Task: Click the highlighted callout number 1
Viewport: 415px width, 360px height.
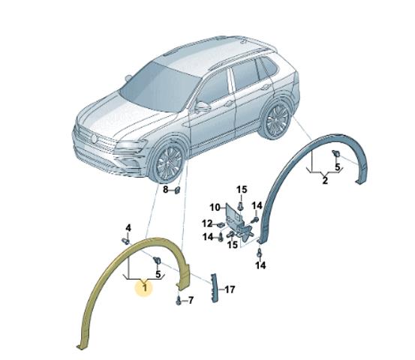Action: (145, 287)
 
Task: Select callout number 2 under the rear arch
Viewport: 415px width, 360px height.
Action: (325, 181)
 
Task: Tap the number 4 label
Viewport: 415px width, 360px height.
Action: (128, 228)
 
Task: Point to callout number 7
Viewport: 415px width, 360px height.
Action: (191, 300)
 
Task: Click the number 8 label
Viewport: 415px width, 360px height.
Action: (165, 190)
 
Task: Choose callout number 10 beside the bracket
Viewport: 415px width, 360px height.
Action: (215, 208)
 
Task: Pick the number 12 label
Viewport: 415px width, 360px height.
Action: (207, 223)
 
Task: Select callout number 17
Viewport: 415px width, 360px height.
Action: (230, 289)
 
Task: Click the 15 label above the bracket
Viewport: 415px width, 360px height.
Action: (242, 190)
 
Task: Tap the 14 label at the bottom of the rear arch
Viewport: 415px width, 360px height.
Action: (260, 265)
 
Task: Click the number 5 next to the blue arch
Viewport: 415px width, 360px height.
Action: (338, 167)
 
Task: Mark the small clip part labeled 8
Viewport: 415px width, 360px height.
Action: (177, 190)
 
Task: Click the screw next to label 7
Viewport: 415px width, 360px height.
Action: (179, 301)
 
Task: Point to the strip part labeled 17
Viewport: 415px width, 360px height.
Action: (214, 288)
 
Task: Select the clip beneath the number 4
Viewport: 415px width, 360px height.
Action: (126, 241)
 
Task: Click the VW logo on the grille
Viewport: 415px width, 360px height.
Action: (94, 139)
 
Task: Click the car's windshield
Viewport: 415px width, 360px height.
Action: (159, 87)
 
